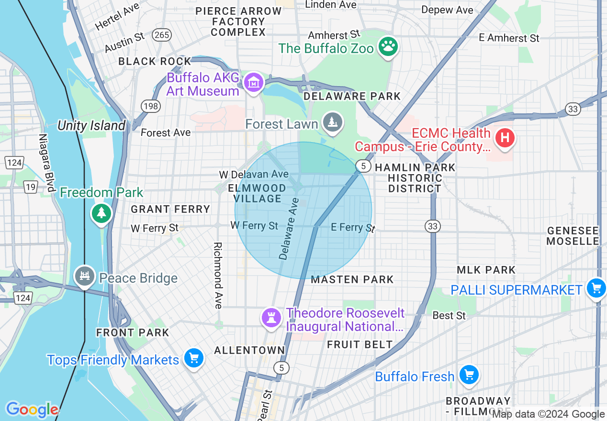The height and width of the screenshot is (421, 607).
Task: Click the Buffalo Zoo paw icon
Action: point(388,47)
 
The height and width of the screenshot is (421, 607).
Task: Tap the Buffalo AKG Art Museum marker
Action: point(254,83)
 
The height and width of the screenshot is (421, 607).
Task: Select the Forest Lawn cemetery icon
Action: point(332,123)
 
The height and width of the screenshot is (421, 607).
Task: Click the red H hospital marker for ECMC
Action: point(505,138)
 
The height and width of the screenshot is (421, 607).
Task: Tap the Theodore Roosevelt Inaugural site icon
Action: point(271,318)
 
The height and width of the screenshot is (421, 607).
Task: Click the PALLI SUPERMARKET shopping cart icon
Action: point(596,289)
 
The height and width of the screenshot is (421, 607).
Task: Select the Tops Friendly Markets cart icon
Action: point(193,358)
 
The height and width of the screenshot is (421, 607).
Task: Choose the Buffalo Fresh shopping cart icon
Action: point(469,376)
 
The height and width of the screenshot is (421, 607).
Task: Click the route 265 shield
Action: point(162,35)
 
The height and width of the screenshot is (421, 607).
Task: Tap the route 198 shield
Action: point(150,106)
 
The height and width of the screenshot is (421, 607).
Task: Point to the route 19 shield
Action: point(31,187)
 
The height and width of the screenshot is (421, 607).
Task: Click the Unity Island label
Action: point(91,126)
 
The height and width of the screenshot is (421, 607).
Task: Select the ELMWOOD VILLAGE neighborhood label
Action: point(257,193)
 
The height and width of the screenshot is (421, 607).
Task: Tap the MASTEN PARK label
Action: point(352,279)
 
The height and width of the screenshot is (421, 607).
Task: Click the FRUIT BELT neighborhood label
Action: point(360,344)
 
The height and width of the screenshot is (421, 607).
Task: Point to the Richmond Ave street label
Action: point(218,275)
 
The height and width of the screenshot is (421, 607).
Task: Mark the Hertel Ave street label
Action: point(117,18)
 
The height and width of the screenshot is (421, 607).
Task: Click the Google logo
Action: point(32,410)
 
